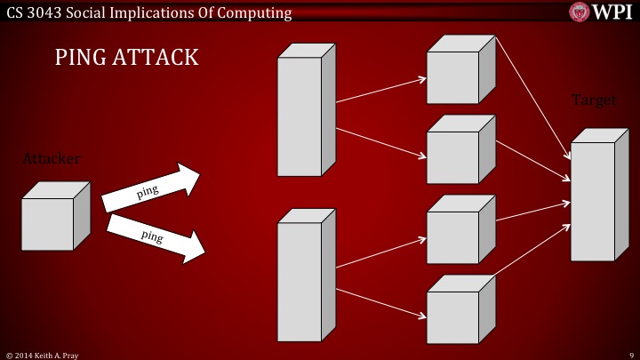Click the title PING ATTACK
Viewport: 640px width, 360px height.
126,59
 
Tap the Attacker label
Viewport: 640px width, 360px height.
52,158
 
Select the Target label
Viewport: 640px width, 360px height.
593,100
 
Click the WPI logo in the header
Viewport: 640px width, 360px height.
602,11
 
